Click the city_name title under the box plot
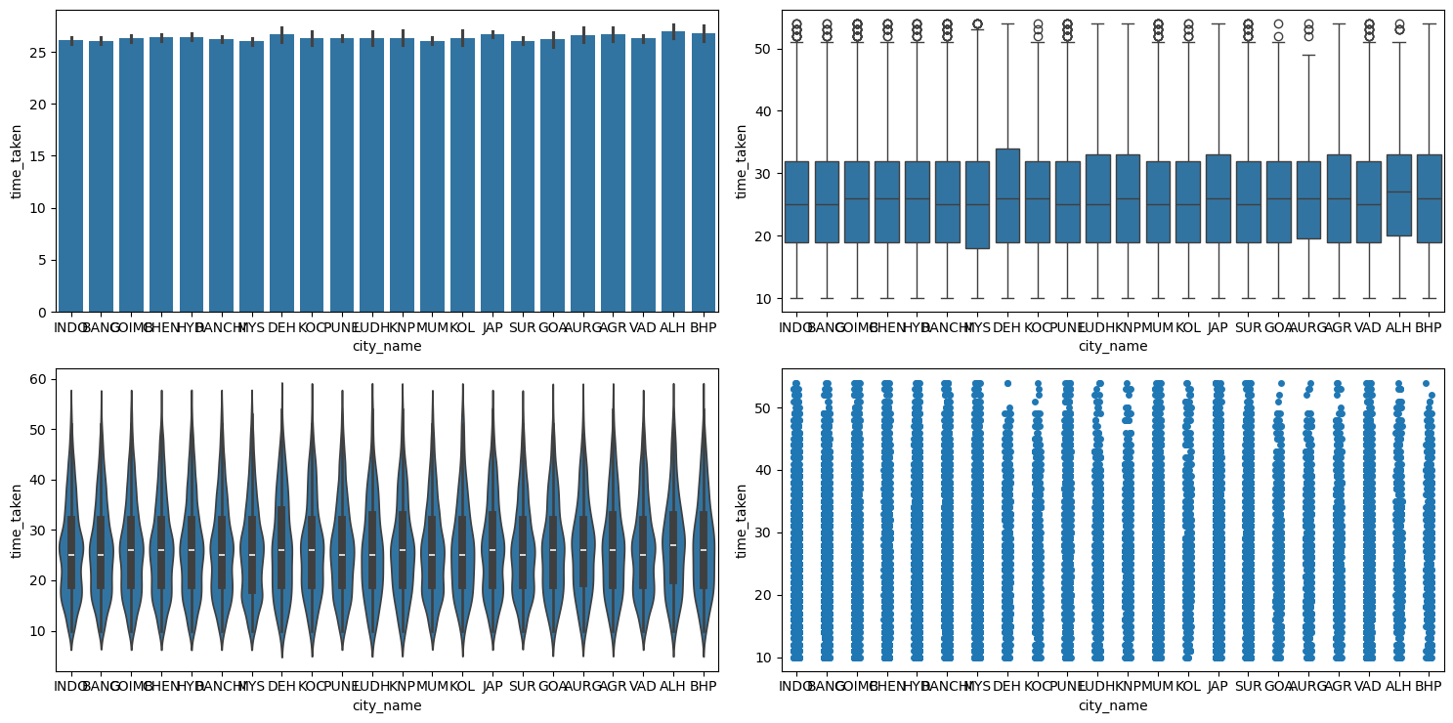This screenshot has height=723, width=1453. [x=1113, y=346]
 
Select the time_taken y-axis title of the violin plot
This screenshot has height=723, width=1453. [x=17, y=519]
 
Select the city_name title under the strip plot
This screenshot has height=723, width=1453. [x=1113, y=705]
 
